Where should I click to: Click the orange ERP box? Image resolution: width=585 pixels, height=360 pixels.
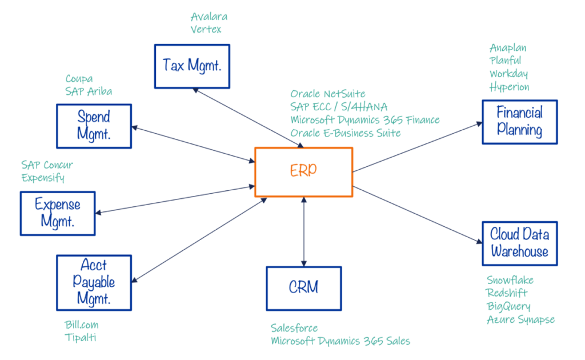(303, 172)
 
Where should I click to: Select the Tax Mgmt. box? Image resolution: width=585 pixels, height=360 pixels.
(192, 66)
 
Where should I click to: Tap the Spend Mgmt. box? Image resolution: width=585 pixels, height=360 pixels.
(94, 126)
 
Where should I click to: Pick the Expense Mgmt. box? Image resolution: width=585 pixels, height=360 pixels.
(58, 213)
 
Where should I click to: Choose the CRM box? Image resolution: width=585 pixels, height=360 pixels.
(303, 288)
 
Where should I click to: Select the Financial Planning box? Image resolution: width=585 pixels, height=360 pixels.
(519, 122)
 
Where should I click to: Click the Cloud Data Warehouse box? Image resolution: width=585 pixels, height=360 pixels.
(519, 243)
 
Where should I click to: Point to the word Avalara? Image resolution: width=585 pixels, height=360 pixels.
(209, 16)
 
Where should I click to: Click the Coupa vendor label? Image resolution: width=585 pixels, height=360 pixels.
(79, 78)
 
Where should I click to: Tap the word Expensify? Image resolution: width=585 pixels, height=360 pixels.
(43, 178)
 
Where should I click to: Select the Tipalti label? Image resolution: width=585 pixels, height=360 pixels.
(81, 338)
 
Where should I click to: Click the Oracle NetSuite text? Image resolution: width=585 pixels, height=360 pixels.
(328, 94)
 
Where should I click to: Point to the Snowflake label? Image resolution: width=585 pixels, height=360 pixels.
(510, 280)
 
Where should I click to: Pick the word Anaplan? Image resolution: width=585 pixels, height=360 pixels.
(508, 47)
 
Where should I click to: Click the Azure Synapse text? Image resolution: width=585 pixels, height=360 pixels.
(520, 319)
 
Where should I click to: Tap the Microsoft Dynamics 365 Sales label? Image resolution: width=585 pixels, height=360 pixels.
(340, 341)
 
